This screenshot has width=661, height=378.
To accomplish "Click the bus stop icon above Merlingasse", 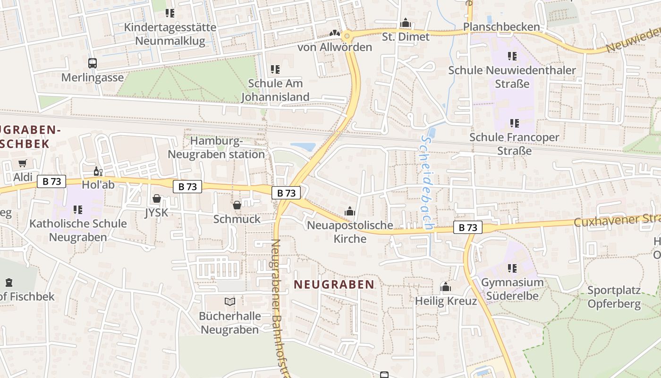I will (x=93, y=63).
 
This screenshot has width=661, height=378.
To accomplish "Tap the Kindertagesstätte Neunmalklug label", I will (x=170, y=34).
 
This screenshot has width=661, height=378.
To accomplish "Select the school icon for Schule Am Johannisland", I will (x=275, y=70).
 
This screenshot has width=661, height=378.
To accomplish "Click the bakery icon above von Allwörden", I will (x=335, y=34).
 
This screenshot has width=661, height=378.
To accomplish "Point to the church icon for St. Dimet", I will (x=405, y=23).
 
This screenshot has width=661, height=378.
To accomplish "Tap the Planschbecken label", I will (x=501, y=27).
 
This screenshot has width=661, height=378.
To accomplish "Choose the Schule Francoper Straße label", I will (x=514, y=144).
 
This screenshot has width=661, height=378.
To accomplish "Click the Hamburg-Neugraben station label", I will (x=217, y=147).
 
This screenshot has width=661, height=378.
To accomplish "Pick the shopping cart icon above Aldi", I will (x=22, y=163).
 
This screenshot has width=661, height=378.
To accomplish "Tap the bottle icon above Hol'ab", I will (x=98, y=171).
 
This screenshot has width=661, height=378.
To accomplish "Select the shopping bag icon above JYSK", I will (x=157, y=199).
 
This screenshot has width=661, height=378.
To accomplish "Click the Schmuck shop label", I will (x=237, y=219).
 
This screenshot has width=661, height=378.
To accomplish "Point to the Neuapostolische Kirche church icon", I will (x=350, y=211).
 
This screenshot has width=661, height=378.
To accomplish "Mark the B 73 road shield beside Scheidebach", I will (x=468, y=227).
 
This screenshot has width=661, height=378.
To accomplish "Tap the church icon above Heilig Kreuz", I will (x=445, y=287).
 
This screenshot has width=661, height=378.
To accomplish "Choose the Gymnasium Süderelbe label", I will (x=512, y=289).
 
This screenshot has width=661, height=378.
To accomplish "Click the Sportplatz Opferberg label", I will (x=614, y=297).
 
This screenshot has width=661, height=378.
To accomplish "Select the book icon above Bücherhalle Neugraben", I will (x=230, y=301).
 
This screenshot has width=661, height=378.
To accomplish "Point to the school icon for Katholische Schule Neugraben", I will (x=78, y=209).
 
